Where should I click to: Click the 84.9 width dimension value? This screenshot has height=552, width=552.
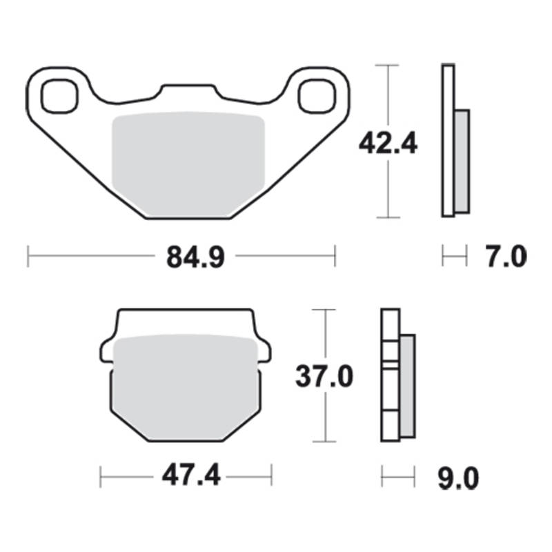(x=195, y=257)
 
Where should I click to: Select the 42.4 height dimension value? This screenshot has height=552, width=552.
(x=388, y=144)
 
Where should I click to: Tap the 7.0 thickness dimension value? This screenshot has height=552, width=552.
(x=506, y=256)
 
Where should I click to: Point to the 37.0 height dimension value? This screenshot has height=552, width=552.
(x=324, y=376)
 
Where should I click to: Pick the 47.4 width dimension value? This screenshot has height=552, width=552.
(x=191, y=475)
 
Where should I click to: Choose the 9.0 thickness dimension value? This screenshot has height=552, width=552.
(x=458, y=478)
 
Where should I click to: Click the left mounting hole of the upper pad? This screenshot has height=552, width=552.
(x=59, y=96)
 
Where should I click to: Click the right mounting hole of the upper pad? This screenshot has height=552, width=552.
(x=317, y=96)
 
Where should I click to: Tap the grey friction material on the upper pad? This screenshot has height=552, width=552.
(x=188, y=164)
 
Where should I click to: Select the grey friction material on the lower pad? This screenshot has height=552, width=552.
(x=186, y=387)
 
